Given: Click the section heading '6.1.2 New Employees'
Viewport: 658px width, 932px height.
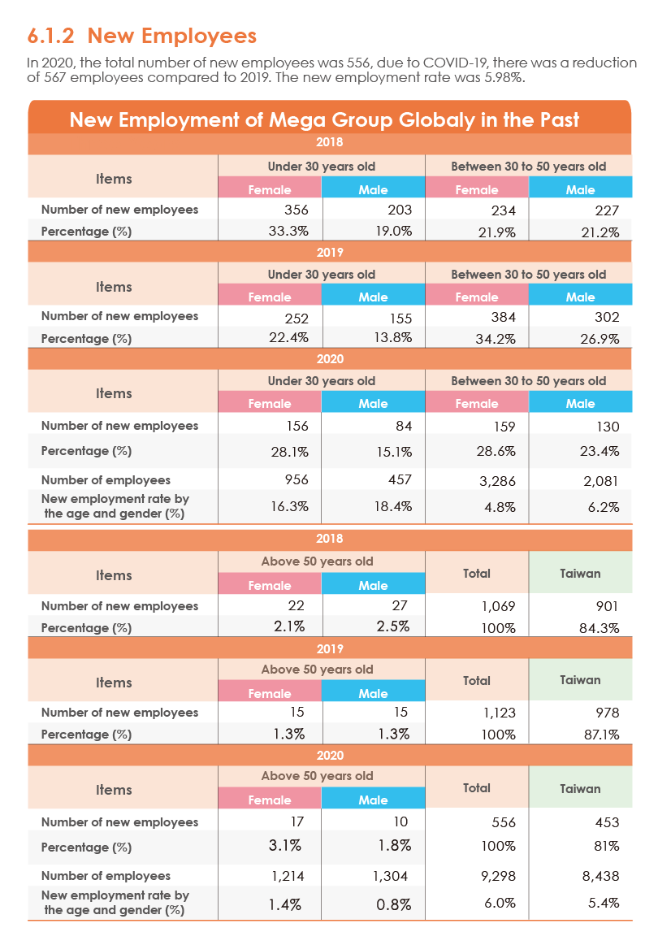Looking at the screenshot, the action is click(142, 37).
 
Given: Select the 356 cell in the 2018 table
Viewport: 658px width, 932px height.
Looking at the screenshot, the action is click(296, 210).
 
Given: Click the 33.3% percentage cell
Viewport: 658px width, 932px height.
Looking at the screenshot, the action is click(288, 232).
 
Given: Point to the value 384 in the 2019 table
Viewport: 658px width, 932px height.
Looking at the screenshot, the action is click(504, 318).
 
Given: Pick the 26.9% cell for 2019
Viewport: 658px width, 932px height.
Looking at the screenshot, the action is click(600, 339).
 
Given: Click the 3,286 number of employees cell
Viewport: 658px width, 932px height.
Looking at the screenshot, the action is click(497, 481).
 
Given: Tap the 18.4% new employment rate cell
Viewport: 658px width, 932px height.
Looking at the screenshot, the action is click(392, 507).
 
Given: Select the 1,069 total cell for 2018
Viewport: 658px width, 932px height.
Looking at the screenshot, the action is click(498, 606).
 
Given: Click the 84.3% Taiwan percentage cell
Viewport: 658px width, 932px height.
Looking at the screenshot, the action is click(600, 628).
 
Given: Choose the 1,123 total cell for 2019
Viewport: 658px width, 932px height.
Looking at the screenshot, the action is click(499, 713).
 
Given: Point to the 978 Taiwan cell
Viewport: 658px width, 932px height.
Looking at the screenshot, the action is click(607, 713).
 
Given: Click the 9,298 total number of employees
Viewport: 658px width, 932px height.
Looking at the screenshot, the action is click(497, 876).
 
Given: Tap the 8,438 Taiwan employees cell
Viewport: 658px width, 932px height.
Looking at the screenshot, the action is click(601, 876).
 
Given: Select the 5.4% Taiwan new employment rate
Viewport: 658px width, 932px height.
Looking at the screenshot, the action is click(604, 904).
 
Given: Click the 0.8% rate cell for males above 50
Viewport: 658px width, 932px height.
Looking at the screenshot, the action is click(393, 904).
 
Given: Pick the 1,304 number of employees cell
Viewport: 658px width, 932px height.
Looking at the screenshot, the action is click(391, 876).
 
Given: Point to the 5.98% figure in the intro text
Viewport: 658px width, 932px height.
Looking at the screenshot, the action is click(503, 78).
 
